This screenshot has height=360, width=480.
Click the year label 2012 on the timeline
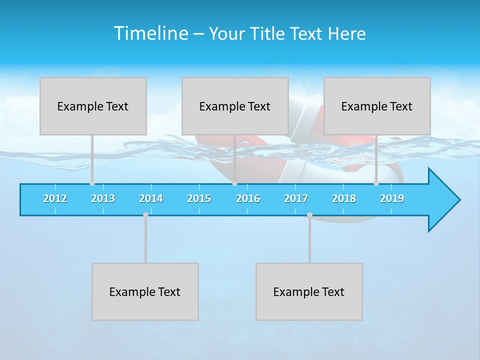(x=55, y=198)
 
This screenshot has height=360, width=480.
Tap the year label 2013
(x=103, y=198)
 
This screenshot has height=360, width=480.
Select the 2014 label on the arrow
(x=151, y=198)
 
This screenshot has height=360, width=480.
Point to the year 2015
(x=199, y=198)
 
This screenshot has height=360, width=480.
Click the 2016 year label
(x=248, y=198)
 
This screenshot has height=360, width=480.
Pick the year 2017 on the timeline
(x=296, y=198)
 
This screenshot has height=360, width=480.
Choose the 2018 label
(x=344, y=198)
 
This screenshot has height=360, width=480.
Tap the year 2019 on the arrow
(x=392, y=198)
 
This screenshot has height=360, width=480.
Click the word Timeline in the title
(x=150, y=33)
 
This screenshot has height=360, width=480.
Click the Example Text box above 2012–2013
(x=93, y=106)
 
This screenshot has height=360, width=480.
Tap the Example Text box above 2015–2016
(x=235, y=106)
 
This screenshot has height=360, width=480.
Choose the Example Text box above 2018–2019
(x=377, y=106)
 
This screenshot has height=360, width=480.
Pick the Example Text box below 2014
(x=145, y=291)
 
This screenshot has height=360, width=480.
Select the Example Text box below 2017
(x=309, y=291)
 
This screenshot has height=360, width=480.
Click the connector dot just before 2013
(x=92, y=183)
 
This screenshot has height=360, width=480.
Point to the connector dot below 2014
(x=145, y=214)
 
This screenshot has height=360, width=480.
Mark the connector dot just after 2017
(x=309, y=214)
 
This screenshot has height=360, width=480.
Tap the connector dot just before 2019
(x=376, y=183)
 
